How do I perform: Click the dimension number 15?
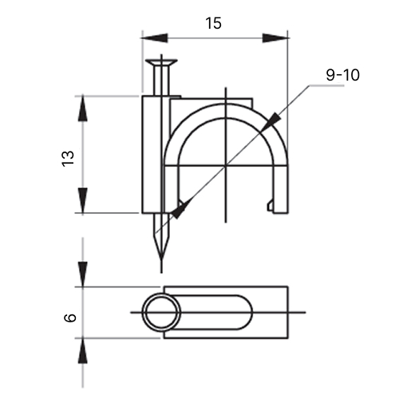(x=213, y=23)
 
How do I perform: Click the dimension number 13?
(x=68, y=159)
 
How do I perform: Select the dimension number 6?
(x=70, y=318)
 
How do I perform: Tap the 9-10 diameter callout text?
(x=342, y=75)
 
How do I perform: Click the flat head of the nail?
(x=161, y=62)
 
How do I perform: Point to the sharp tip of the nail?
(x=161, y=259)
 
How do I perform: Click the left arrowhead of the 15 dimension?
(x=154, y=38)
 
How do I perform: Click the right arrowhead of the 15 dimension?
(x=275, y=38)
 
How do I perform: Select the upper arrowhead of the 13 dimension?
(x=83, y=109)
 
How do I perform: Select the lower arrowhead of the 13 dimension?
(x=83, y=201)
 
